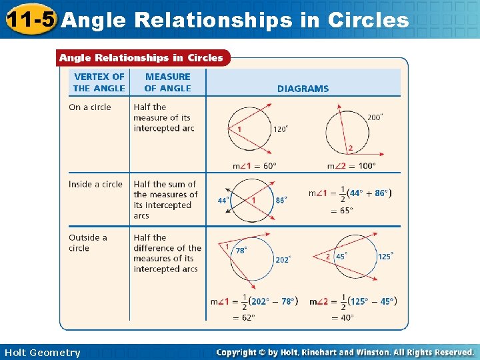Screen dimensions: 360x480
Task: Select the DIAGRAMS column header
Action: pos(303,88)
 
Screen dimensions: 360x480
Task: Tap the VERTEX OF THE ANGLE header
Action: pos(99,82)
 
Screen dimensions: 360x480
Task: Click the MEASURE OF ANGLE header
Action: pos(167,82)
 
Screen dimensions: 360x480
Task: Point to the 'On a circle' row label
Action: pos(90,107)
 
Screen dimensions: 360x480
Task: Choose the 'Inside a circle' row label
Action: pos(95,184)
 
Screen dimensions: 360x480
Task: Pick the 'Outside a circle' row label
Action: pos(87,243)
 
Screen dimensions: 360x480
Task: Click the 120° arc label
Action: pos(281,129)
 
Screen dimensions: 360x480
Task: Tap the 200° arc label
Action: pos(375,117)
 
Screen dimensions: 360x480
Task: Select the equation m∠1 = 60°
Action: pos(254,166)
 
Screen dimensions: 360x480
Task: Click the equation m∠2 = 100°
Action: pos(351,166)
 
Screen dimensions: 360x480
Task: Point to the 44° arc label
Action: pos(223,200)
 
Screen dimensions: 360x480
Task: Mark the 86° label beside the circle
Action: pos(281,200)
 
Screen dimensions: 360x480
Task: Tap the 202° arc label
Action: pos(283,260)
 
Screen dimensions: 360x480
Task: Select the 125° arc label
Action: pos(385,256)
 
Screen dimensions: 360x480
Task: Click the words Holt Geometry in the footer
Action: pos(42,353)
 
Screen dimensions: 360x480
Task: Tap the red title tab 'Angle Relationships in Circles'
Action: pos(141,58)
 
